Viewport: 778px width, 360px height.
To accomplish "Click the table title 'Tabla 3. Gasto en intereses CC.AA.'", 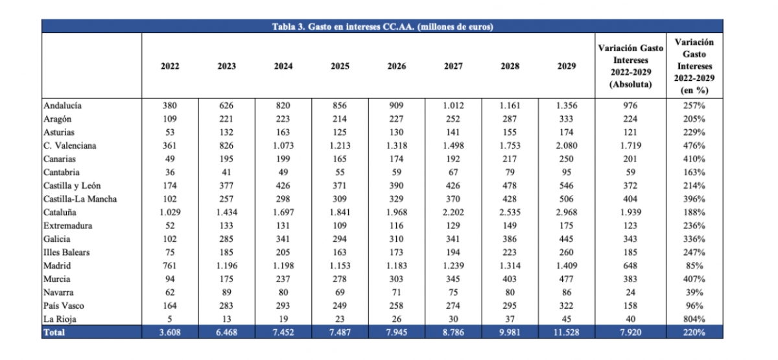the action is tap(343, 27).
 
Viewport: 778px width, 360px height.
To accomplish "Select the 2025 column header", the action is tap(340, 66).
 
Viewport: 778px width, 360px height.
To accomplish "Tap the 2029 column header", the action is tap(567, 66).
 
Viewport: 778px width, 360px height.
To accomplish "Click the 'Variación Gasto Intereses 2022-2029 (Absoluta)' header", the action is tap(630, 66).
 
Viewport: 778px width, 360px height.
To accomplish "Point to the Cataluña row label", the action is tap(60, 212).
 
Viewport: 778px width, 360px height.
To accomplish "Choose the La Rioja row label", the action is tap(60, 319).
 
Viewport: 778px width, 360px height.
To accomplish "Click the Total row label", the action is tap(54, 332).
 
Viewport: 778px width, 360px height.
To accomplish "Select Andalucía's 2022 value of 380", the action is tap(170, 106).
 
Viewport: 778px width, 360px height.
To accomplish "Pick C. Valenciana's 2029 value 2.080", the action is tap(567, 145).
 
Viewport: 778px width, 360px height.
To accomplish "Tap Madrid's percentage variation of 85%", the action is tap(694, 266).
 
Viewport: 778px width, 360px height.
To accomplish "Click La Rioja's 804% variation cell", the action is tap(694, 319).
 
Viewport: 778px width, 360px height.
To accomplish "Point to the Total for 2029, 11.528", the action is tap(567, 332).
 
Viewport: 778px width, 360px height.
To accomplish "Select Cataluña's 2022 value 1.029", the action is tap(170, 212).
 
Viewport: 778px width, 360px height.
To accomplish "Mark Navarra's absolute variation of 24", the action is tap(630, 293).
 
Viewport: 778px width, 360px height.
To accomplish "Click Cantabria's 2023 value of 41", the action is tap(226, 173).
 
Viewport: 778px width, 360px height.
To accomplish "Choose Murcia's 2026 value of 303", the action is tap(396, 279).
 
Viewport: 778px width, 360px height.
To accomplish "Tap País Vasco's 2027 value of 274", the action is tap(453, 306).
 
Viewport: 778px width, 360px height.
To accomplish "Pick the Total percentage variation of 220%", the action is tap(694, 332).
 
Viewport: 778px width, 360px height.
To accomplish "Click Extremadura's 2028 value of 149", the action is tap(510, 226).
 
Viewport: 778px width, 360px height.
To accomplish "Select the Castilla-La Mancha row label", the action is tap(80, 199).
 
